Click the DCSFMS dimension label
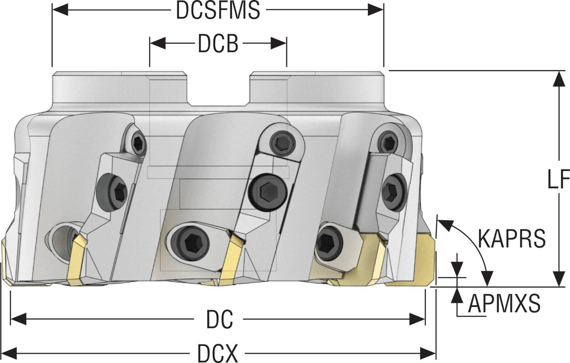(218, 11)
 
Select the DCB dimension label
(218, 44)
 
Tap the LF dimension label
(558, 180)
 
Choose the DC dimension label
(219, 319)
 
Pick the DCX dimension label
(217, 354)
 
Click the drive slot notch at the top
(218, 89)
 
